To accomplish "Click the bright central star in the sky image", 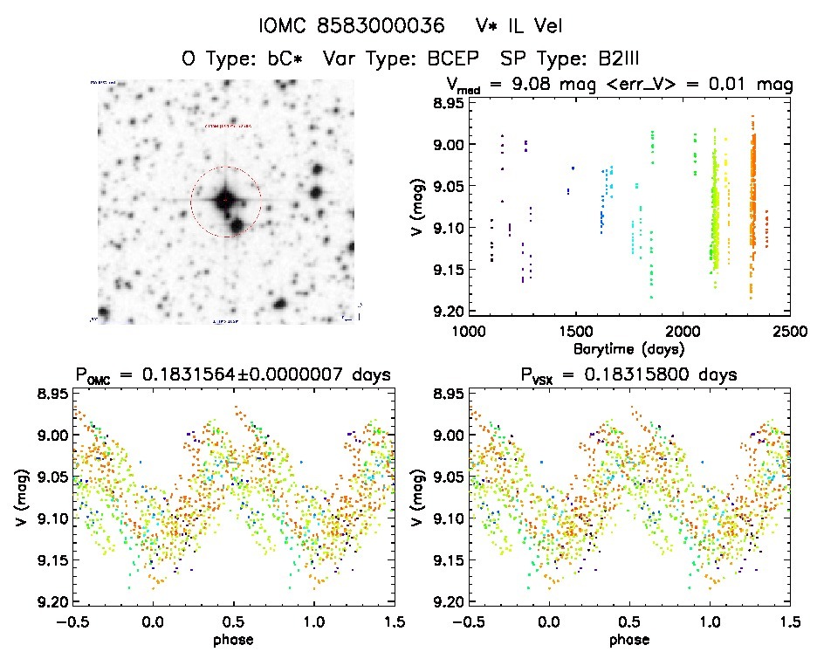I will click(x=225, y=200).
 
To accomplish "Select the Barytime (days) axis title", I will click(x=629, y=347).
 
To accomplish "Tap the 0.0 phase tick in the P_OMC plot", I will click(x=154, y=622).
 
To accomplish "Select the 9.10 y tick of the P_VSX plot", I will click(x=444, y=519).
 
